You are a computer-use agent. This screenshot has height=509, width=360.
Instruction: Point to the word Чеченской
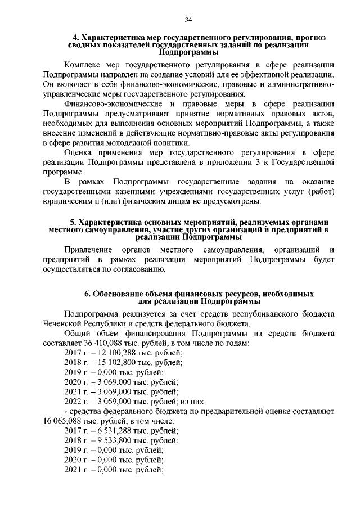pos(65,325)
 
